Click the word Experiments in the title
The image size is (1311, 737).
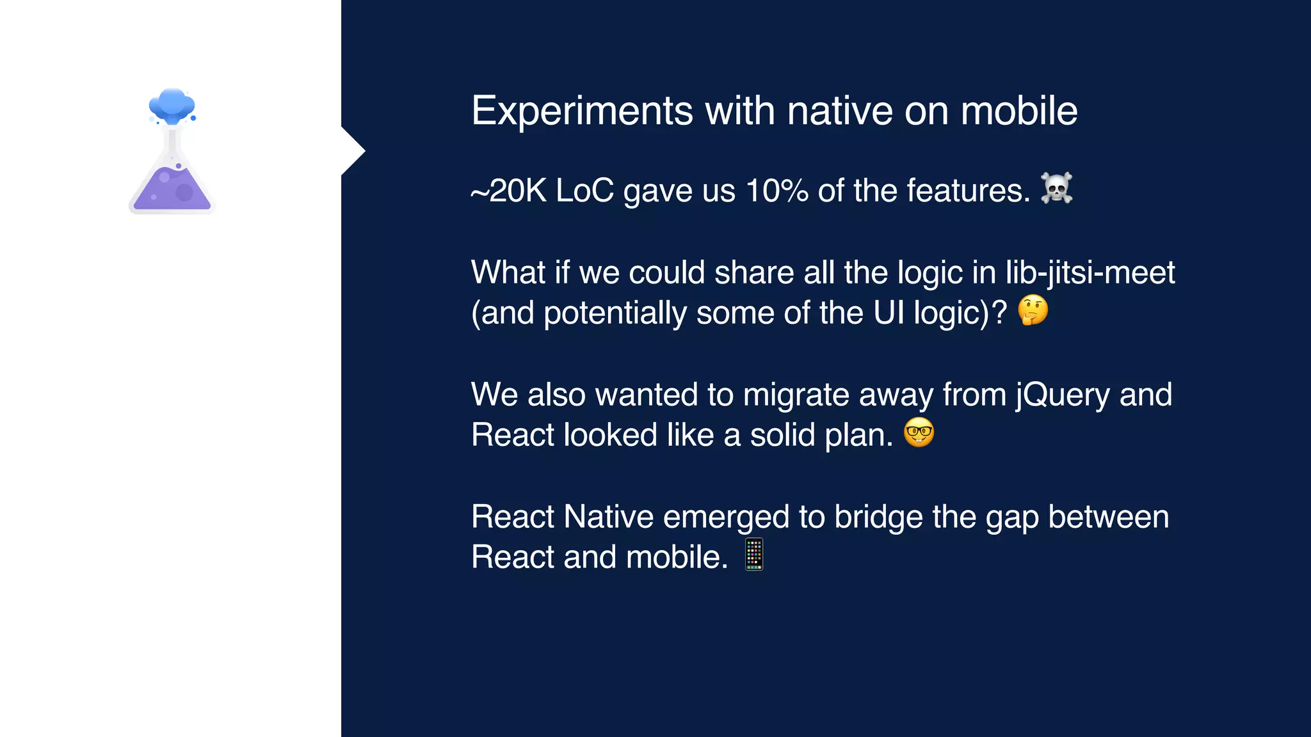click(x=581, y=111)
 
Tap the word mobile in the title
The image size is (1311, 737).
click(x=1018, y=111)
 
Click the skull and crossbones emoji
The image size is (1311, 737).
click(x=1056, y=189)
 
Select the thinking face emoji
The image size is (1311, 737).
click(x=1033, y=311)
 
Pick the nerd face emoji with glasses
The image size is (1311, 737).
click(x=919, y=433)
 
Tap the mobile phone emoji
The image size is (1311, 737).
click(x=754, y=555)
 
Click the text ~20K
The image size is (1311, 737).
click(x=508, y=191)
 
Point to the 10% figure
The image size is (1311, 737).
click(x=776, y=191)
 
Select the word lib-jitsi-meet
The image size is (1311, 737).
click(x=1090, y=273)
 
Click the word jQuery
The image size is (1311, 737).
click(x=1063, y=395)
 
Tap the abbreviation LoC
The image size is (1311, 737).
click(x=584, y=191)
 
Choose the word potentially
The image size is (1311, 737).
click(x=615, y=313)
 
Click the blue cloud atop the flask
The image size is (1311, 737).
click(x=172, y=106)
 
